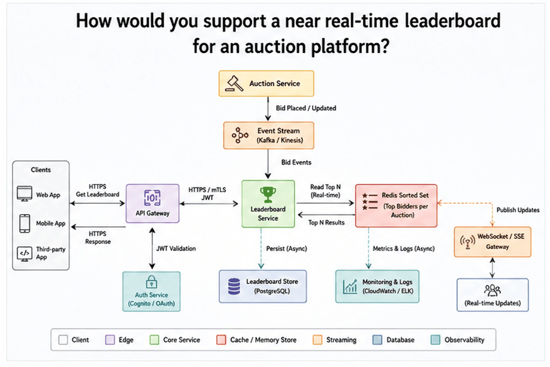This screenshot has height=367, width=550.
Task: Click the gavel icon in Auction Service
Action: pos(234,84)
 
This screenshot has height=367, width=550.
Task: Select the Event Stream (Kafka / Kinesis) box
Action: pos(269,135)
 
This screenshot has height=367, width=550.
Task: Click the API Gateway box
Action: pos(153,204)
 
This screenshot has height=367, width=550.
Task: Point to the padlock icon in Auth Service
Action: pos(151,282)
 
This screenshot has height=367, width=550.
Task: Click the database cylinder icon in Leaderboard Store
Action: pos(234,286)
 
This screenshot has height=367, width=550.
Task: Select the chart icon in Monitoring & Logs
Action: pos(350,287)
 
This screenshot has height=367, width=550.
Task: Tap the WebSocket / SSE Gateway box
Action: pos(493,242)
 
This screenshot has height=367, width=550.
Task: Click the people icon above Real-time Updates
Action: pos(492,290)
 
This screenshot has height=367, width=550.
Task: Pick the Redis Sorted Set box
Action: pos(396,205)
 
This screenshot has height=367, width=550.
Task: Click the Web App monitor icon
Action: pos(24,194)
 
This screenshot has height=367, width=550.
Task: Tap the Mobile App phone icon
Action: pos(25,223)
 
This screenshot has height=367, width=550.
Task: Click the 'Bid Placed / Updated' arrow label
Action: pos(306,108)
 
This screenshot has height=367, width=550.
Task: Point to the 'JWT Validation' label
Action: pos(176,248)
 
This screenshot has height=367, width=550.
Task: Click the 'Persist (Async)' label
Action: pos(286,248)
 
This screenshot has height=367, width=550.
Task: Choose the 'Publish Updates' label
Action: pos(518,210)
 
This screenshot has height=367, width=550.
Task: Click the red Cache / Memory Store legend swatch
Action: pos(221,340)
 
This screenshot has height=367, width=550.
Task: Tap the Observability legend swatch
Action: pos(435,340)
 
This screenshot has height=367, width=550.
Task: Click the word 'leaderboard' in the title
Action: pos(453,21)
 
